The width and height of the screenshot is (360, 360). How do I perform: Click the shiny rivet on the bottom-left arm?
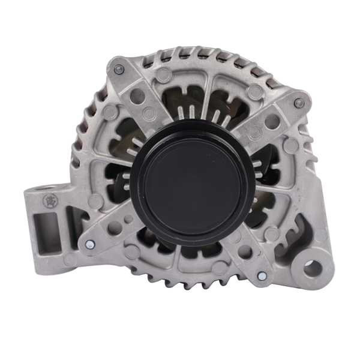(x=89, y=244)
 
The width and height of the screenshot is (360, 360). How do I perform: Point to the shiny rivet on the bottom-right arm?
(x=262, y=276)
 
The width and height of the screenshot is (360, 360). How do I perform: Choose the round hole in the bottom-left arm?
(x=115, y=227)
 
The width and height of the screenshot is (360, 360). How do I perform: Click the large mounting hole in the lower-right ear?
(x=312, y=267)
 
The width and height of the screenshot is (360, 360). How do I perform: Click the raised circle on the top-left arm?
(x=163, y=74)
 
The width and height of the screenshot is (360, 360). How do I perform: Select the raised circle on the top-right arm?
(x=292, y=145)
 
